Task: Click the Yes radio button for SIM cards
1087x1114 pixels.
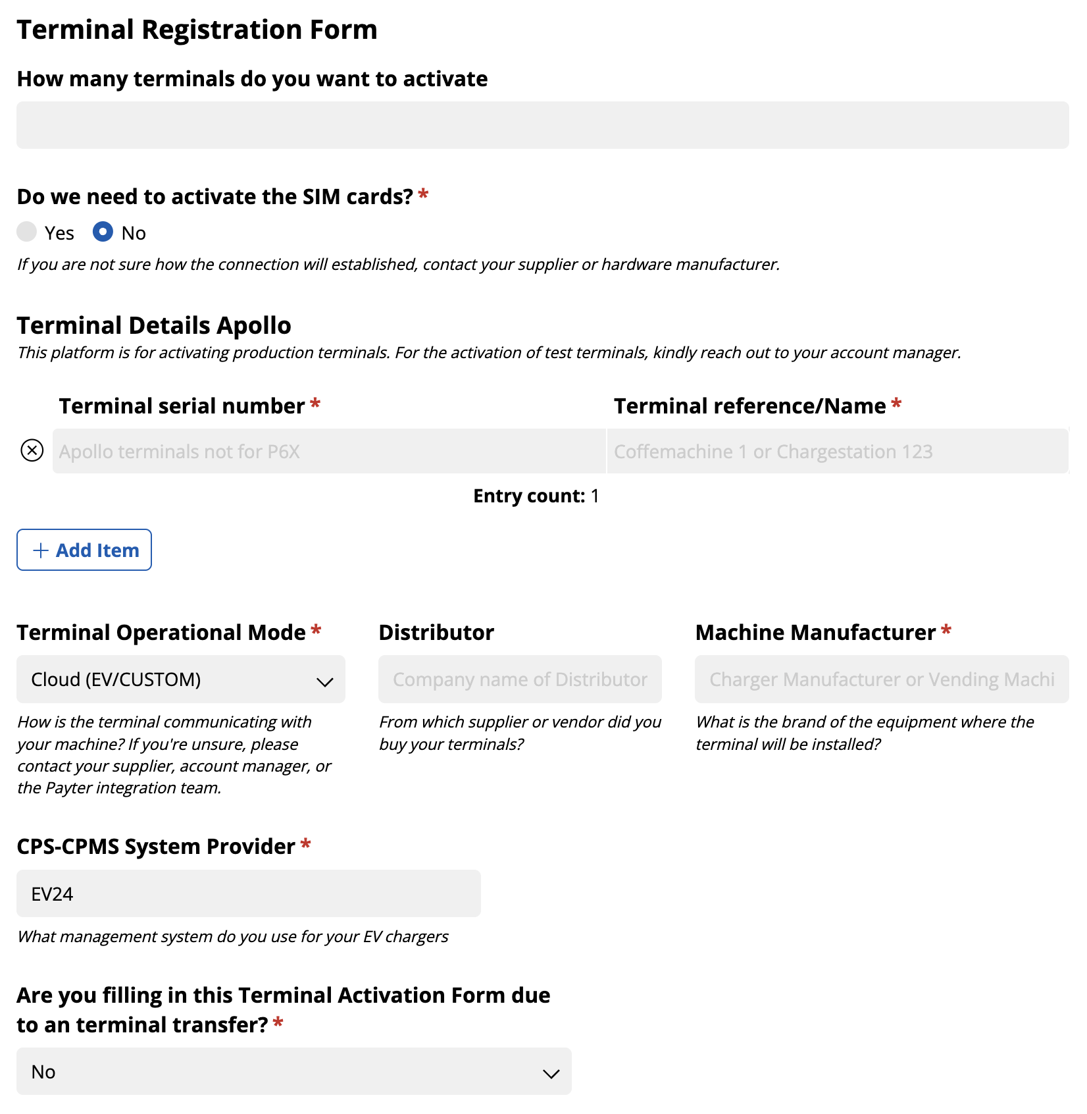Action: (26, 232)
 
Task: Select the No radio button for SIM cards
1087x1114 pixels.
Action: (103, 232)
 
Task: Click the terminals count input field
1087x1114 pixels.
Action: (542, 125)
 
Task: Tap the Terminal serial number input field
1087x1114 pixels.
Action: (329, 452)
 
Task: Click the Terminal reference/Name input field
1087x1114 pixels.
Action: (837, 452)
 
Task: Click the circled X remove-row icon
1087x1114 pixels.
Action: (32, 450)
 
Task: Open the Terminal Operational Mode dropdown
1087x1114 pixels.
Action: (180, 679)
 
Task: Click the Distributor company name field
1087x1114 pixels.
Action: (520, 679)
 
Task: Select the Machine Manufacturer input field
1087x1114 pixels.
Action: (882, 679)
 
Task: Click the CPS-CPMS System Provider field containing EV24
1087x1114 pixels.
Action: (249, 894)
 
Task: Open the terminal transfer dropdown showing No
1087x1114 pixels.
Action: (293, 1072)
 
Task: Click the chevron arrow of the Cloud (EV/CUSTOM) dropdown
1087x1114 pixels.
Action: (325, 682)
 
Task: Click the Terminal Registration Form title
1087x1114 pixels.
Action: (197, 30)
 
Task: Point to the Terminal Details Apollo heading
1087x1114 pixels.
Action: (154, 326)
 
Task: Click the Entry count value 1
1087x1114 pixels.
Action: (595, 496)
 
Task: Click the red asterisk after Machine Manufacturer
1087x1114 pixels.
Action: (946, 631)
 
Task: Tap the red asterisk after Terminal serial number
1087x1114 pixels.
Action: (315, 404)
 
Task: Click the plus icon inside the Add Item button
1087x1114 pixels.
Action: (41, 550)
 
